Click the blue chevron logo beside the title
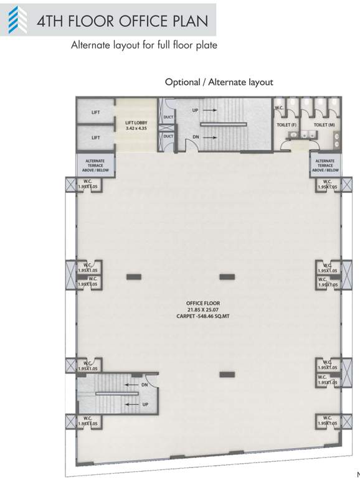point(17,20)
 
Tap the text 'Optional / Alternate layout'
point(219,82)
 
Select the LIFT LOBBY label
point(136,123)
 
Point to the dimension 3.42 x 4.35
point(136,129)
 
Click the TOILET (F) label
point(287,125)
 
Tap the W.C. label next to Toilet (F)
point(280,108)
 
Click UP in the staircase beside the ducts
point(195,110)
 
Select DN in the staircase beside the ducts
point(195,136)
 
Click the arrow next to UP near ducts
point(209,110)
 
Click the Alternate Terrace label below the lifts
point(95,165)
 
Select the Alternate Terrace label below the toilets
point(325,165)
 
